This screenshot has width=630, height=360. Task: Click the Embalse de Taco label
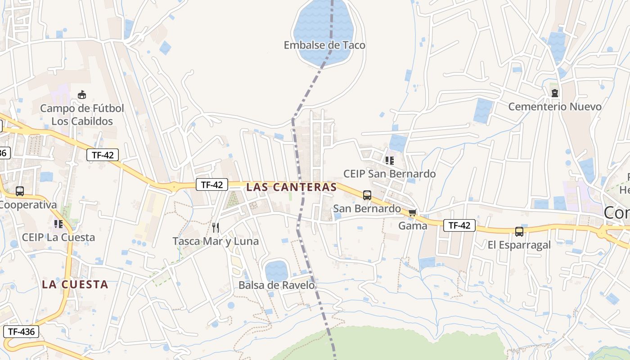[324, 45]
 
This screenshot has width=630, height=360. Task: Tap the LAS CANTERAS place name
[291, 187]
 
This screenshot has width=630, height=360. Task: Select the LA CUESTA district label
[75, 284]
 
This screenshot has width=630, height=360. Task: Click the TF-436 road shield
[21, 332]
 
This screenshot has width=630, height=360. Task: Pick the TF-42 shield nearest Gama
[459, 225]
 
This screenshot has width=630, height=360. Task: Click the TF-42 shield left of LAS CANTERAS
[211, 184]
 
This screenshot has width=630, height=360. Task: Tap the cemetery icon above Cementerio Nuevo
[555, 93]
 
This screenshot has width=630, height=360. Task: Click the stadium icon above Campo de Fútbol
[81, 94]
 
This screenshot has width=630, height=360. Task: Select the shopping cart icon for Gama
[412, 212]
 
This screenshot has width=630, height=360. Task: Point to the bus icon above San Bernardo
[367, 195]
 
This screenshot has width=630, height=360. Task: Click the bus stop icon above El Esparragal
[519, 232]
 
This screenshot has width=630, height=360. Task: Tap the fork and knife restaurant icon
[216, 227]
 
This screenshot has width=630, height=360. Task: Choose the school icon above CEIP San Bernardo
[390, 160]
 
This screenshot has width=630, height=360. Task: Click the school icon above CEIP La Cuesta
[58, 224]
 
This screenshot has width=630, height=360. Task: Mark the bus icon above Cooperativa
[20, 191]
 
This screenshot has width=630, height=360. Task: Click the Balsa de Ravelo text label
[276, 285]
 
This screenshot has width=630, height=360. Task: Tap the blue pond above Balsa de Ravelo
[276, 271]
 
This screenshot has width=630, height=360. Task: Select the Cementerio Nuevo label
[554, 107]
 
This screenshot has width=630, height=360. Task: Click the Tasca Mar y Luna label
[216, 241]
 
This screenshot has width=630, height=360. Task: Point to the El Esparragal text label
[519, 245]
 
